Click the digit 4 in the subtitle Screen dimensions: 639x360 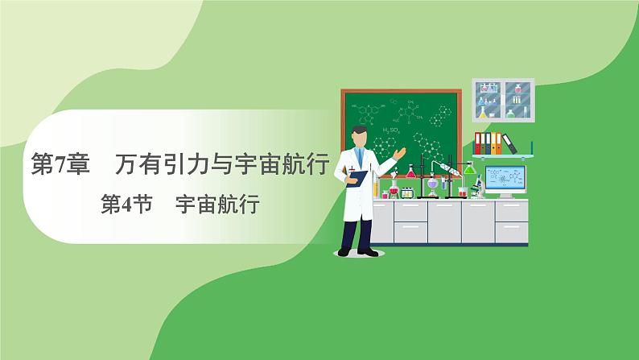tap(126, 205)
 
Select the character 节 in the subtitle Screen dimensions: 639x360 tap(142, 204)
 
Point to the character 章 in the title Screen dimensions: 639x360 tap(77, 164)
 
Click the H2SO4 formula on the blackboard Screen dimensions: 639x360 tap(391, 130)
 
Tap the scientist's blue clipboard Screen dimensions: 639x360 tap(357, 179)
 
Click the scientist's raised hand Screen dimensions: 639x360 tap(400, 153)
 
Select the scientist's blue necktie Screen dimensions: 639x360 tap(360, 157)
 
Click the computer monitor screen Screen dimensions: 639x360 tap(505, 179)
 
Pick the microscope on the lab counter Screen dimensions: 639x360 tap(477, 187)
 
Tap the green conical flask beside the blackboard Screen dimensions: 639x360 tap(469, 168)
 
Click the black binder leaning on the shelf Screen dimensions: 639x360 tap(509, 144)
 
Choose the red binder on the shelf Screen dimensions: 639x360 tap(477, 143)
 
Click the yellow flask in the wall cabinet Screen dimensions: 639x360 tap(483, 112)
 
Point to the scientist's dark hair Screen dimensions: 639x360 tap(359, 130)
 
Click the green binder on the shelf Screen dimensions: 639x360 tap(483, 143)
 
